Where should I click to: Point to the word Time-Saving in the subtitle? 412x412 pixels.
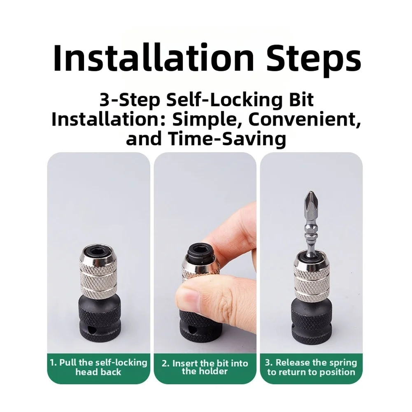228,139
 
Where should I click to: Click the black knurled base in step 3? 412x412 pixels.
311,321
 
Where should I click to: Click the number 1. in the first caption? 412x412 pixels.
54,363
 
